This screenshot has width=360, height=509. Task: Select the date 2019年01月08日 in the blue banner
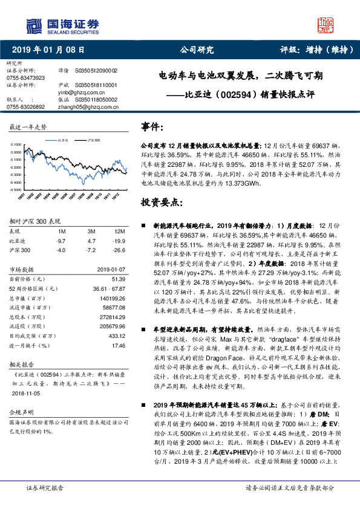coord(48,50)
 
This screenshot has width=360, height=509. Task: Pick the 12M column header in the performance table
coord(119,232)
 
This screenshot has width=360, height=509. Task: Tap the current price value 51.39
coord(118,279)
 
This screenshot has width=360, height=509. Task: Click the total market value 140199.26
coord(112,299)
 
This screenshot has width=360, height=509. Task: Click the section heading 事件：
coord(152,127)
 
